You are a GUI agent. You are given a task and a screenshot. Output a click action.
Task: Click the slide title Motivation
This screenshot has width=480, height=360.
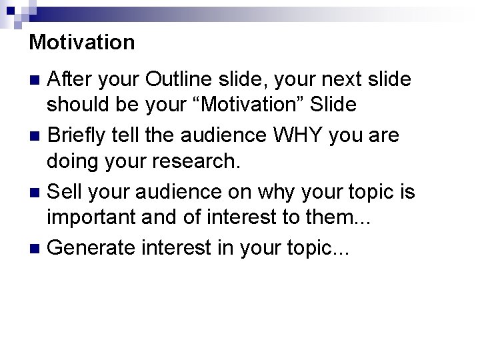coord(82,43)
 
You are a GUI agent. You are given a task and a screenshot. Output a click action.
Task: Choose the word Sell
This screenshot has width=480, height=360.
coord(64,192)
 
